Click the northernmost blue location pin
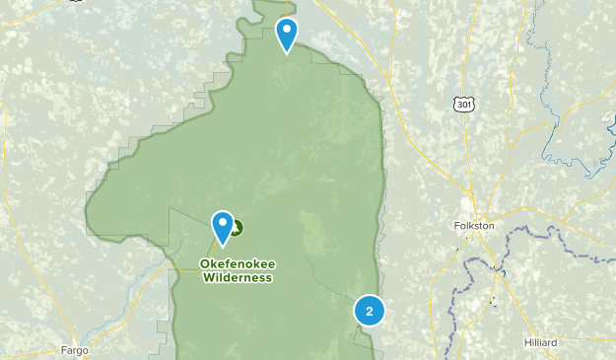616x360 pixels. pos(287,33)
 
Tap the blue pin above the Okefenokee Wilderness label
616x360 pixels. pos(223,227)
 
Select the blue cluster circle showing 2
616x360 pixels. pos(369,312)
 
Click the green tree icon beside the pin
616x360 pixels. pos(238,228)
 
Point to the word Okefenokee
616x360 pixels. pos(237,263)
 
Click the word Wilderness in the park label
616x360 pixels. pos(238,277)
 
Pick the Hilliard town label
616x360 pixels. pos(540,342)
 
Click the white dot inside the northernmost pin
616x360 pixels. pos(287,30)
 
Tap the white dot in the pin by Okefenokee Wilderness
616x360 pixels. pos(223,224)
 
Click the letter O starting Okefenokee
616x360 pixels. pos(204,263)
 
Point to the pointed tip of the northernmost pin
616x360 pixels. pos(287,52)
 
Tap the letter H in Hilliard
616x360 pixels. pos(526,342)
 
